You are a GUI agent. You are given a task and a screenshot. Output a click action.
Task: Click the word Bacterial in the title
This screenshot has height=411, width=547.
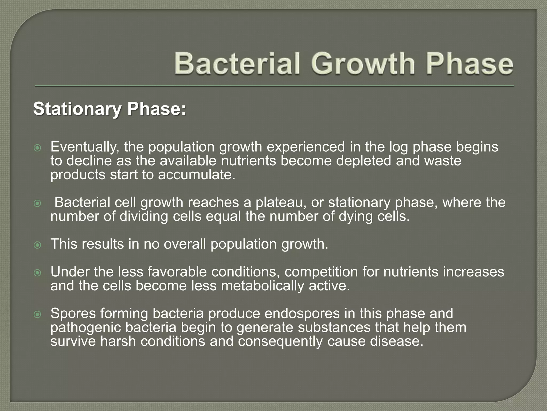click(x=237, y=64)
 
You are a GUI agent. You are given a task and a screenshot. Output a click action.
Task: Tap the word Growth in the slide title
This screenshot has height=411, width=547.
click(x=362, y=64)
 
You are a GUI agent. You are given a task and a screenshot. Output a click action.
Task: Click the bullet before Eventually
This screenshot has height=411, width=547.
click(x=37, y=148)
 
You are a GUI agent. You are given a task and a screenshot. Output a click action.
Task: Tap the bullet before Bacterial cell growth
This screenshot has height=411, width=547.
click(x=37, y=204)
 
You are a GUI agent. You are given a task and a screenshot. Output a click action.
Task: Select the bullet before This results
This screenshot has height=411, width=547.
click(x=37, y=245)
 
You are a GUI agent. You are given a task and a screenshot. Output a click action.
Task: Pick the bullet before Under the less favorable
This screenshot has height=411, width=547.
click(x=37, y=273)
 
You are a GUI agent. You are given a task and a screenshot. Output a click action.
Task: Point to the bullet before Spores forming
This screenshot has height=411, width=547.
click(x=37, y=314)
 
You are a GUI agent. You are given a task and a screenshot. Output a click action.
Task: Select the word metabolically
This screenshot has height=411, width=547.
click(x=263, y=286)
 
